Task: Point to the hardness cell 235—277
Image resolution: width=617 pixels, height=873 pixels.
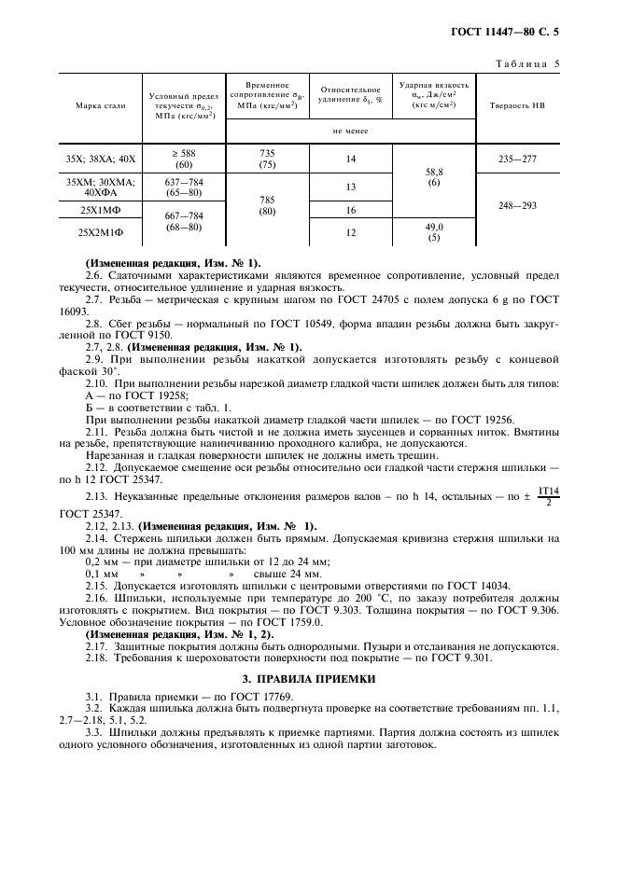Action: pyautogui.click(x=517, y=159)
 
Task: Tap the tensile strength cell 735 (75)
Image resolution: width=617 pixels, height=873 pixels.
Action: pyautogui.click(x=266, y=159)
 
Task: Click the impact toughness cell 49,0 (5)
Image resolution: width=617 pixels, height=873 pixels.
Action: pyautogui.click(x=434, y=232)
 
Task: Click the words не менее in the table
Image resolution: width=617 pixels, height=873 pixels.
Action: pyautogui.click(x=351, y=131)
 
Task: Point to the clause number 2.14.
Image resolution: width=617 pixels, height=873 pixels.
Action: pyautogui.click(x=96, y=539)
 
